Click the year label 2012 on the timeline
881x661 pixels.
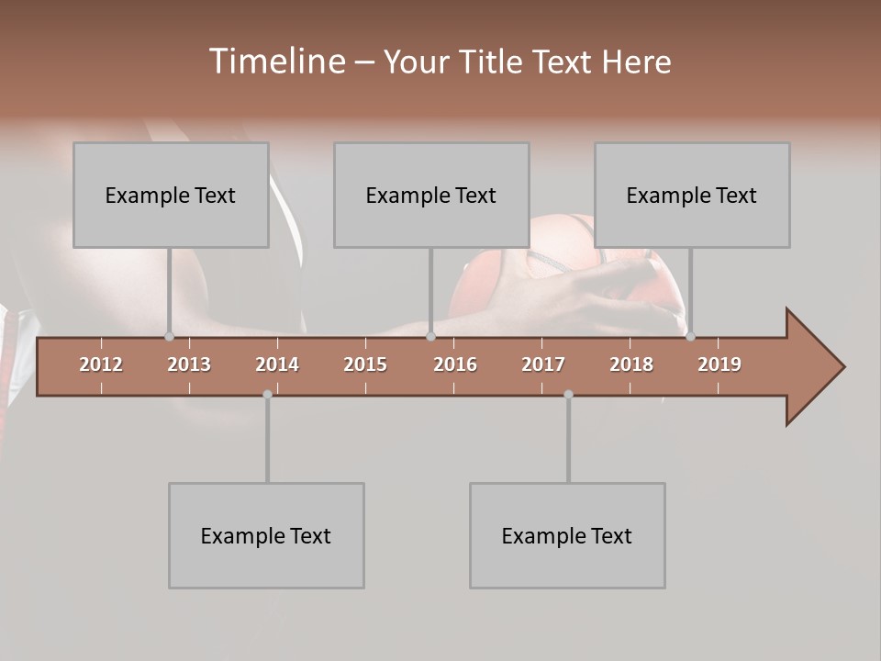pyautogui.click(x=101, y=364)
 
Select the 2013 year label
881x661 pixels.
pyautogui.click(x=189, y=364)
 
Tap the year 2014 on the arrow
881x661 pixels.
pyautogui.click(x=277, y=364)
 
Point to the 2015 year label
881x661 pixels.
pyautogui.click(x=365, y=364)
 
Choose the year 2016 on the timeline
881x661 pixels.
pyautogui.click(x=455, y=364)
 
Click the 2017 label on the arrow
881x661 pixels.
pyautogui.click(x=543, y=364)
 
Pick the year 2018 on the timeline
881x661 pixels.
pyautogui.click(x=631, y=364)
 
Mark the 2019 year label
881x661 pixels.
pyautogui.click(x=719, y=364)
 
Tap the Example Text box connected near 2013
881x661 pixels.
pyautogui.click(x=171, y=195)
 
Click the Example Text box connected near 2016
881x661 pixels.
pyautogui.click(x=431, y=195)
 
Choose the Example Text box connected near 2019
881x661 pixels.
pyautogui.click(x=692, y=195)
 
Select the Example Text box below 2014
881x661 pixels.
pyautogui.click(x=266, y=535)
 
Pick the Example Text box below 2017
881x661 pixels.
pyautogui.click(x=567, y=535)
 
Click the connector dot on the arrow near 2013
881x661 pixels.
pyautogui.click(x=169, y=337)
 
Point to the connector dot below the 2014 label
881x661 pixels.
pyautogui.click(x=267, y=395)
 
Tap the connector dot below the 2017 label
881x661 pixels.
pyautogui.click(x=568, y=395)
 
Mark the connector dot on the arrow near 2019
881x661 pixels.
pyautogui.click(x=690, y=337)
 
